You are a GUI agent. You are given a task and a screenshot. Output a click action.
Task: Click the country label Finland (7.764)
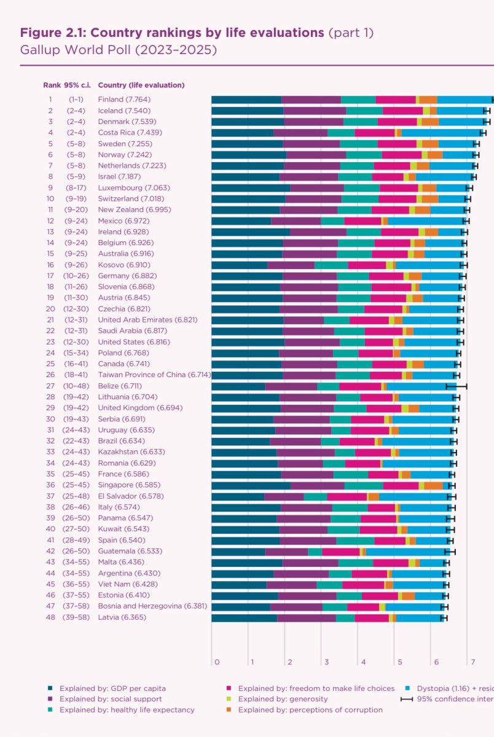(124, 99)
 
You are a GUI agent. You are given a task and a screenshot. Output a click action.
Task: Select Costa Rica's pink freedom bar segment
(374, 133)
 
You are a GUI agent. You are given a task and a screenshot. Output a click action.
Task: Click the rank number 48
(50, 617)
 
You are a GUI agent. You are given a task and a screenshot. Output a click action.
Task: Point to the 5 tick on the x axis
(399, 662)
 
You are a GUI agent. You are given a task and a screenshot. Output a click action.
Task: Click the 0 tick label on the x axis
(217, 662)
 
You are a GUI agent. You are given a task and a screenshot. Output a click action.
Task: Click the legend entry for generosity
(283, 699)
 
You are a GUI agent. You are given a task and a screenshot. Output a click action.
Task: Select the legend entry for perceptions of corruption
(310, 709)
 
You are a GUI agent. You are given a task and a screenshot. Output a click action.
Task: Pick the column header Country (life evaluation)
(141, 85)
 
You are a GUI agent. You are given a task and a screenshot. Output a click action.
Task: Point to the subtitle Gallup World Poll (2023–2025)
(119, 50)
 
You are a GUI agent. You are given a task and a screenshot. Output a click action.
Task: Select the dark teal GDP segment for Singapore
(250, 485)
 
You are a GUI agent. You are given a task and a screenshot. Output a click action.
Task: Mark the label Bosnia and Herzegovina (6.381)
(152, 606)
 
